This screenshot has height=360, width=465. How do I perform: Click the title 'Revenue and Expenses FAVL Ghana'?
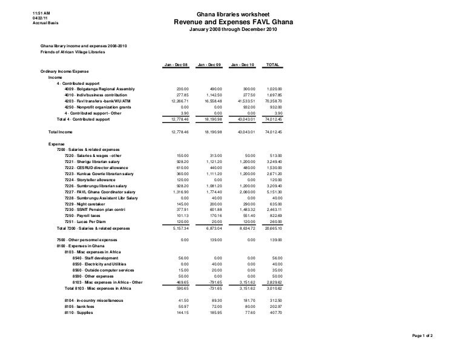[233, 22]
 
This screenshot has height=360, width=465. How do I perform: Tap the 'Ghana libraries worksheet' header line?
[233, 14]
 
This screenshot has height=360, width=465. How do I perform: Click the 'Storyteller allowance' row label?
[94, 179]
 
